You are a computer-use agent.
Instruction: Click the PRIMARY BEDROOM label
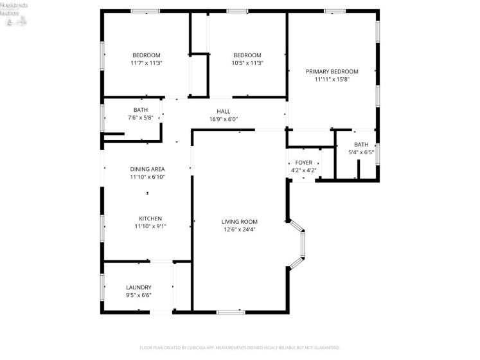(x=332, y=71)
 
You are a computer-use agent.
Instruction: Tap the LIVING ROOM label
(x=240, y=222)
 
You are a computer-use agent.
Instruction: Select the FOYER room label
(x=303, y=163)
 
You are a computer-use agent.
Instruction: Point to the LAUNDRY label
(x=139, y=287)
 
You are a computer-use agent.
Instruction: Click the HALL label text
(x=223, y=111)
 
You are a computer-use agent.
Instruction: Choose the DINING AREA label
(x=147, y=169)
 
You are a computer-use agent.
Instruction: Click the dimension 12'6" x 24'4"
(x=240, y=230)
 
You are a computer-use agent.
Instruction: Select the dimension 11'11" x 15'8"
(x=332, y=80)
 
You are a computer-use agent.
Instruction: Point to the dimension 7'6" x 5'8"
(x=140, y=118)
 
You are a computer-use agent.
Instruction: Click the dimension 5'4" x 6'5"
(x=361, y=152)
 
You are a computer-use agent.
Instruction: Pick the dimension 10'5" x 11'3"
(x=247, y=63)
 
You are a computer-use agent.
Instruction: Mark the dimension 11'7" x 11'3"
(x=147, y=63)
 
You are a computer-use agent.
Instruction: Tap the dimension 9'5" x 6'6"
(x=139, y=295)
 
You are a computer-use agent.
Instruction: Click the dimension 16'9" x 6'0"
(x=223, y=119)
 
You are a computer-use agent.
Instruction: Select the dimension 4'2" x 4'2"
(x=303, y=171)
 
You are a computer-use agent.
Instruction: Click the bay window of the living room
(x=300, y=244)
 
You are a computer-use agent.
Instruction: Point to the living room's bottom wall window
(x=231, y=312)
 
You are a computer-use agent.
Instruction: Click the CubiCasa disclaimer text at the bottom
(x=240, y=348)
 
